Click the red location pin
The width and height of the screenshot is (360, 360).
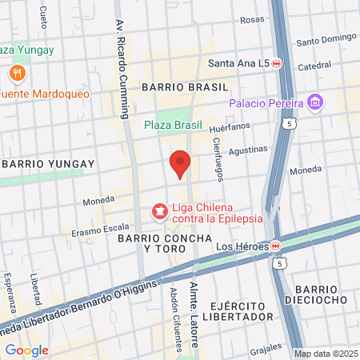point(180,164)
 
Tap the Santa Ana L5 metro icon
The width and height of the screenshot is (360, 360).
point(276,63)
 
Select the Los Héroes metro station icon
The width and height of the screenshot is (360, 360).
point(275,246)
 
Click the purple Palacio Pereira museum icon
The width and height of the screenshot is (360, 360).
point(315,103)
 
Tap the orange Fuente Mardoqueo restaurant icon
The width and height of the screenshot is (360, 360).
point(16,74)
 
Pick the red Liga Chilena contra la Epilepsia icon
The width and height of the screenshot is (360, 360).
point(160,212)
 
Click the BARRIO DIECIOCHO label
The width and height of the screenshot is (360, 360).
point(323,294)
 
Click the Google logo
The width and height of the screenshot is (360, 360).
point(26,350)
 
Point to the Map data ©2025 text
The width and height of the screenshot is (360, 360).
point(325,354)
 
